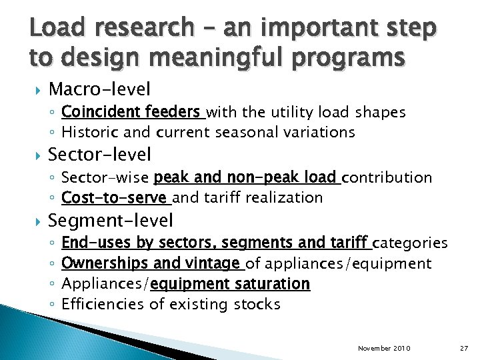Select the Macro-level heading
click(x=100, y=89)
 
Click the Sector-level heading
click(x=100, y=155)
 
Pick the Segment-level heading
click(x=111, y=221)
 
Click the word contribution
click(x=388, y=178)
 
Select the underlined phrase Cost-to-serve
click(x=114, y=197)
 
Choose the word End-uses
click(x=96, y=243)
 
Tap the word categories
click(x=410, y=243)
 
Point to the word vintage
click(x=213, y=263)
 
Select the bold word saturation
click(x=269, y=284)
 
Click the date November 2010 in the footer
click(x=384, y=349)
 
